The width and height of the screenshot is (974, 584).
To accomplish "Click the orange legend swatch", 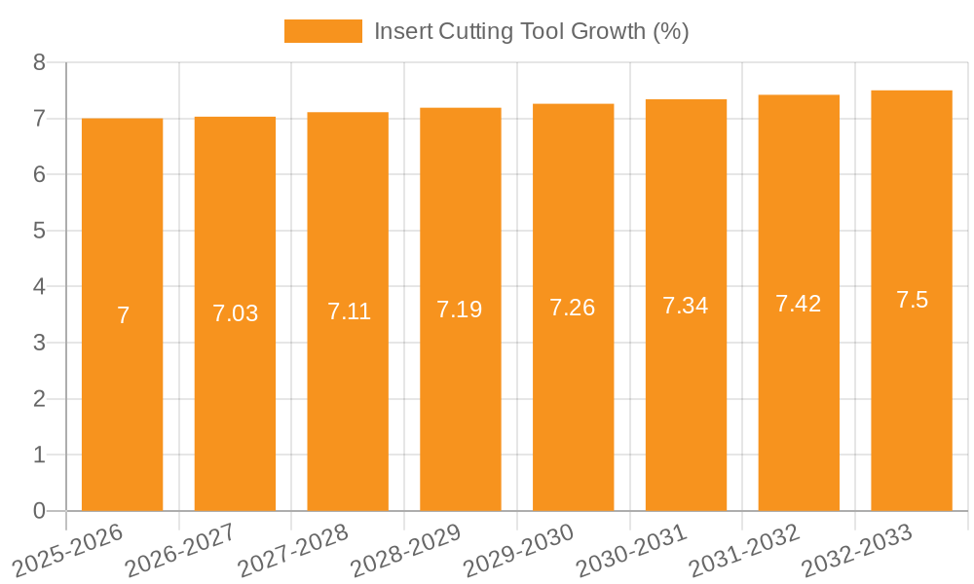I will coord(322,31).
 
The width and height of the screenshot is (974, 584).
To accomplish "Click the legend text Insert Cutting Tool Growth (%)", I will coord(531,31).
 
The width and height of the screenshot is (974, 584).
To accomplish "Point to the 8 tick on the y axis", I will coord(39,62).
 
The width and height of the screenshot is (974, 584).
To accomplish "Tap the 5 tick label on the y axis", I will coord(39,231).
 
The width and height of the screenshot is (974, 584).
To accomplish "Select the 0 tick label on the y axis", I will coord(39,511).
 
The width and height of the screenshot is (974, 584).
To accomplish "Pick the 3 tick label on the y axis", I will coord(39,343).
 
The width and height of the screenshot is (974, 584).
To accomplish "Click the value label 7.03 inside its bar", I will coord(235,313).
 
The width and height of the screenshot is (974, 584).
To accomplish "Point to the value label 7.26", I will coord(573,308).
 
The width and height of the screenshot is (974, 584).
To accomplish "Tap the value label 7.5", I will coord(912,300).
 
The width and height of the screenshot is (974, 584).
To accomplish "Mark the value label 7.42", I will coord(799,303).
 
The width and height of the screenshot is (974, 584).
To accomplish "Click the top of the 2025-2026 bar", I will coord(122,119).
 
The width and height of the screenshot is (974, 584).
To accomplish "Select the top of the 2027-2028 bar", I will coord(348,113).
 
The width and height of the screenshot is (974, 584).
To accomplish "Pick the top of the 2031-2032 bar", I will coord(799,95).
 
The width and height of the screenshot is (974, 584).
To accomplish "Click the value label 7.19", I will coord(460,310).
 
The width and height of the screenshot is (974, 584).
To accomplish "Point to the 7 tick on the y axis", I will coord(39,119).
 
